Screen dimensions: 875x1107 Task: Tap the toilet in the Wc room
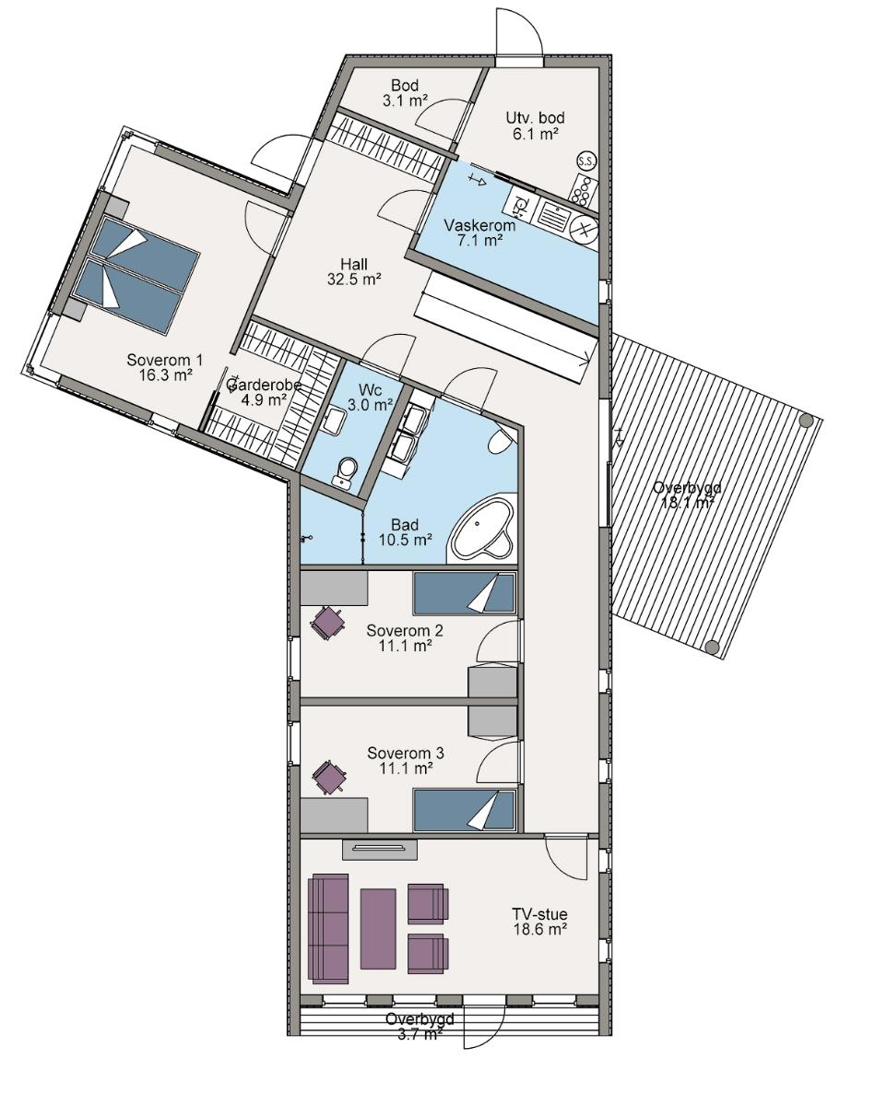(x=346, y=471)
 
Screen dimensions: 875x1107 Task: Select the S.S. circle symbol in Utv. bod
(x=587, y=161)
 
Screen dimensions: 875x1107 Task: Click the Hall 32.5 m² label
(x=354, y=271)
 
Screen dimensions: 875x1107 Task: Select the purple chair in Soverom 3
(x=329, y=777)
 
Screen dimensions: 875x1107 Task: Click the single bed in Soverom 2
(x=464, y=593)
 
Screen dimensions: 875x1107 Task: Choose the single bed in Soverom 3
(x=464, y=811)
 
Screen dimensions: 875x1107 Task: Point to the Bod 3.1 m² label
(x=405, y=92)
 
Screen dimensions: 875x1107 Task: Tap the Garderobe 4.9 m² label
(x=263, y=391)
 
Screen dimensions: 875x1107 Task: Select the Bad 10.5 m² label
(x=405, y=532)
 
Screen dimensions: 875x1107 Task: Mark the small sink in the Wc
(x=336, y=422)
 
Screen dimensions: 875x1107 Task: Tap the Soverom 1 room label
(x=165, y=360)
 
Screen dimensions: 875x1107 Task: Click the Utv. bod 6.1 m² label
(x=535, y=125)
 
